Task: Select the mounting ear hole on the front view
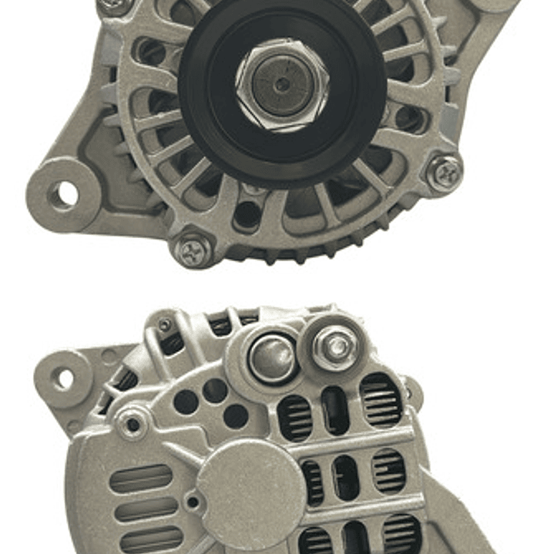tap(63, 194)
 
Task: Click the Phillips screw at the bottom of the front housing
tap(192, 250)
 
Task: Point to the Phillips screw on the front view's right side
tap(445, 173)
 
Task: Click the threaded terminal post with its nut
tap(336, 348)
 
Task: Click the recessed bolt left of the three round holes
tap(133, 424)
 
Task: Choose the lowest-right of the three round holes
tap(235, 416)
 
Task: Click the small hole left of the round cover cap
tap(191, 502)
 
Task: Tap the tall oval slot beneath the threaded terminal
tap(336, 408)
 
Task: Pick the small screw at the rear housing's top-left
tap(164, 326)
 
